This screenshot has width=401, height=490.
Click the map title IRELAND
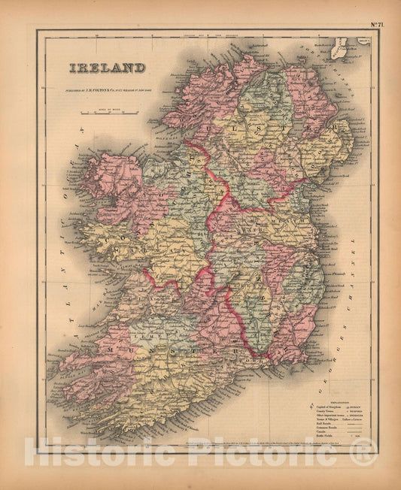coord(108,68)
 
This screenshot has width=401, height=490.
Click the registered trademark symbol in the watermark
coord(365,451)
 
